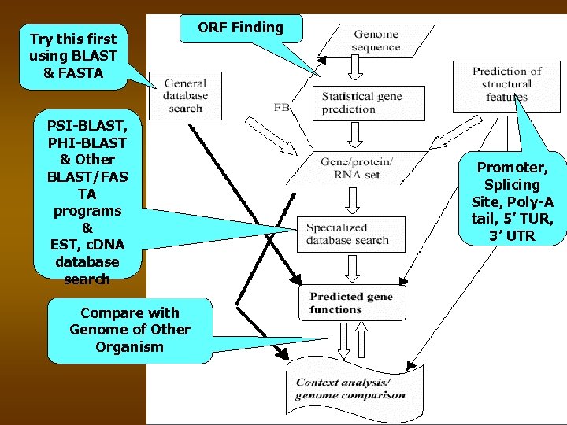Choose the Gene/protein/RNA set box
pyautogui.click(x=355, y=168)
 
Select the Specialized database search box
pyautogui.click(x=346, y=234)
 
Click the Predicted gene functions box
pyautogui.click(x=346, y=303)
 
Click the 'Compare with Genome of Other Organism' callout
pyautogui.click(x=130, y=330)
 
